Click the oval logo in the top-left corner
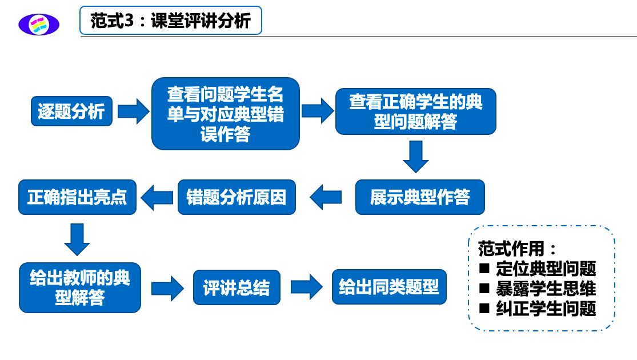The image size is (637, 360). (39, 25)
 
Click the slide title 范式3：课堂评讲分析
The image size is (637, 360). (171, 21)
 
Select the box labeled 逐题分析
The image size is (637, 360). (71, 111)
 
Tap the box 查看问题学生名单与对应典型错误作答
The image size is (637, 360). (226, 114)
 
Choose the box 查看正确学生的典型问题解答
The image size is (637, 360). (415, 111)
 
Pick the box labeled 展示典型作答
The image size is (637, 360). (420, 197)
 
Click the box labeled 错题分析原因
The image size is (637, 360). (237, 197)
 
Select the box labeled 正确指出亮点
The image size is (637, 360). (77, 197)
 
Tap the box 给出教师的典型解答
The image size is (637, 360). (80, 287)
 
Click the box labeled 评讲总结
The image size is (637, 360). (237, 287)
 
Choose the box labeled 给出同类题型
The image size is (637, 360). (389, 287)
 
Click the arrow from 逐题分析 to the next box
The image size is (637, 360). (133, 111)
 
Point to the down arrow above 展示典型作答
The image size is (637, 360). (415, 157)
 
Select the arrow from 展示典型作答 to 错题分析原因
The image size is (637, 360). (326, 197)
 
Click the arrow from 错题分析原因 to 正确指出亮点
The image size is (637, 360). (157, 198)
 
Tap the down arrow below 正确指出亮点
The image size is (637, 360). (77, 239)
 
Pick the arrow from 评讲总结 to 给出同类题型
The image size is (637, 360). (307, 287)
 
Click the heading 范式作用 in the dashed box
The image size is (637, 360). (511, 249)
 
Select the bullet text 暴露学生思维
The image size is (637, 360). (546, 289)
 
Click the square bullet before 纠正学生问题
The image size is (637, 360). (484, 309)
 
